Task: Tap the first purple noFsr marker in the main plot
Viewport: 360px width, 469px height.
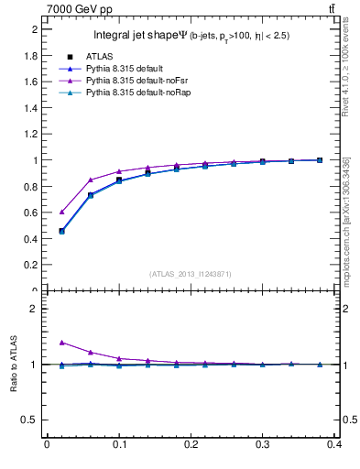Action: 61,212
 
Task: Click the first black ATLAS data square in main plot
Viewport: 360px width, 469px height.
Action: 61,231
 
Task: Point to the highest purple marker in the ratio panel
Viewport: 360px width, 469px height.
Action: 61,343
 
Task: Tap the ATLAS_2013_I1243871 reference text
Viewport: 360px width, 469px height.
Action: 191,274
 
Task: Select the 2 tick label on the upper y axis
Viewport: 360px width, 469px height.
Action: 35,29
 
